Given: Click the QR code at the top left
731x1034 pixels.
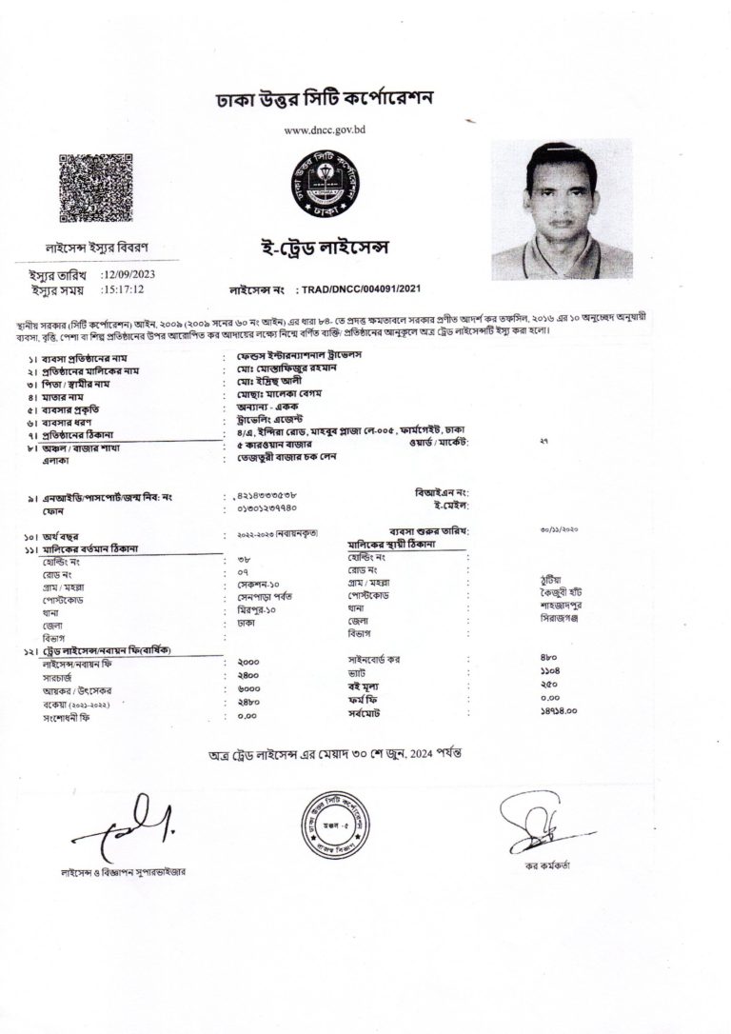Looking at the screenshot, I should [x=96, y=189].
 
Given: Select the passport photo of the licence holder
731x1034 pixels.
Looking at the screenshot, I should [x=561, y=209].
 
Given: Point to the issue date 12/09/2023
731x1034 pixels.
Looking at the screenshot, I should [x=140, y=274].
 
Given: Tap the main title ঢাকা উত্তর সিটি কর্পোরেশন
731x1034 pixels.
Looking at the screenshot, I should [x=326, y=99].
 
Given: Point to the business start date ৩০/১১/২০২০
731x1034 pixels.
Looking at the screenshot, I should [x=559, y=528].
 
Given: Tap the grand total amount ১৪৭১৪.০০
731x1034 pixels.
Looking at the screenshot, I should [x=560, y=709].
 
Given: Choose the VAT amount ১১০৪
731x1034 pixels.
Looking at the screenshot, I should [x=549, y=671].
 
